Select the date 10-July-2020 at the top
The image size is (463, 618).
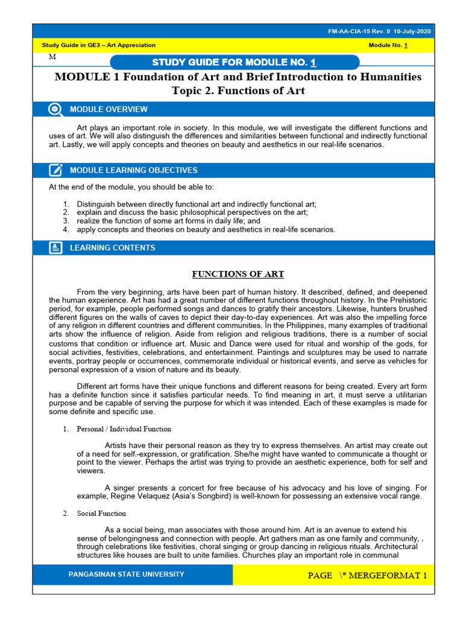click(411, 31)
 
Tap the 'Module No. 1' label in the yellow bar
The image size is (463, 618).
click(388, 45)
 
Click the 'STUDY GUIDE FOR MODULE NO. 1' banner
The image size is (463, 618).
click(235, 63)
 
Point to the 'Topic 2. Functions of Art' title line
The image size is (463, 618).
click(238, 91)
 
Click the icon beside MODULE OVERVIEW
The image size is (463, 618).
click(55, 109)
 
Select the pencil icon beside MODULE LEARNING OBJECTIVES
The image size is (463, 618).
click(55, 170)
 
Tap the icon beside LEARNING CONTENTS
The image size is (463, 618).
click(55, 247)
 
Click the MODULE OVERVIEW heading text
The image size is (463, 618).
click(109, 109)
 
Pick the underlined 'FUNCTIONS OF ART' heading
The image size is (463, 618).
click(238, 274)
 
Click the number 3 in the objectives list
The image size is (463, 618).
click(66, 221)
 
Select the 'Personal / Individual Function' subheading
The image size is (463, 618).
click(124, 429)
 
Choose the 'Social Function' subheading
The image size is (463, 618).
click(101, 514)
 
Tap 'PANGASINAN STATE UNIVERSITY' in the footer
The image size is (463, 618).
click(127, 574)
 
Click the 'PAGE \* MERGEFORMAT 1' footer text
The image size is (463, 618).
click(367, 575)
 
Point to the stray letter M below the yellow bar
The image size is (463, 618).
click(52, 56)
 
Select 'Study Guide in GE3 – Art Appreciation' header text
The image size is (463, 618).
click(98, 45)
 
